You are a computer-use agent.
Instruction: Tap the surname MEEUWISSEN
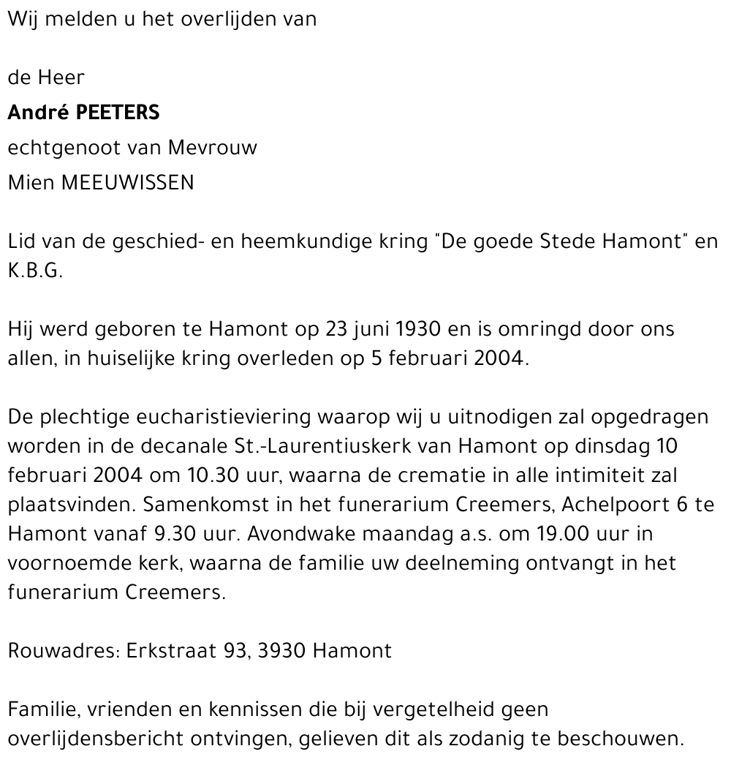(127, 183)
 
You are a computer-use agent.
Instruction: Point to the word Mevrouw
(213, 148)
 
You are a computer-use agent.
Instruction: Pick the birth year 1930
(417, 330)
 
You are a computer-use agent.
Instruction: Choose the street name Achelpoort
(613, 505)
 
